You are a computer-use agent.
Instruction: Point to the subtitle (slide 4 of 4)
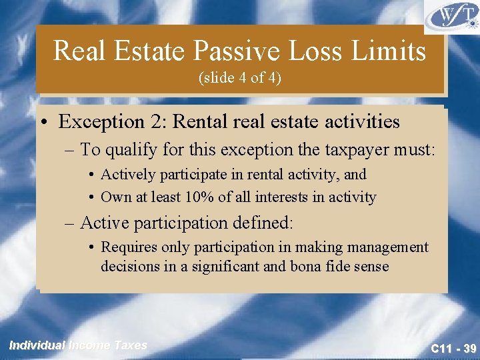[240, 78]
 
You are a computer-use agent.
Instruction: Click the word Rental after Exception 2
[207, 122]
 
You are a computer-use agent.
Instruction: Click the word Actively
[128, 175]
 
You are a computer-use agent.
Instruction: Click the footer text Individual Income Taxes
[77, 345]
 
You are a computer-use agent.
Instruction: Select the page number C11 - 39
[453, 347]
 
